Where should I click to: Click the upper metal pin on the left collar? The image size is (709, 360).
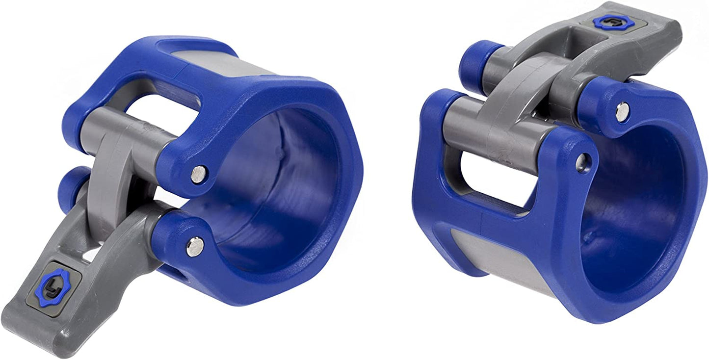coord(198,174)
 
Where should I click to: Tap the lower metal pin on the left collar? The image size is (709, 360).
coord(194,246)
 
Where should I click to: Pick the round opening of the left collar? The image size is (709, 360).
coord(275,186)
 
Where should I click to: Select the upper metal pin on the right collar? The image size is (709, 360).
coord(622,112)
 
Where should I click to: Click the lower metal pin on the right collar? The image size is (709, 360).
coord(583,162)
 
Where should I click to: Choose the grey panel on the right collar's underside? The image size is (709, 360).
coord(500,260)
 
